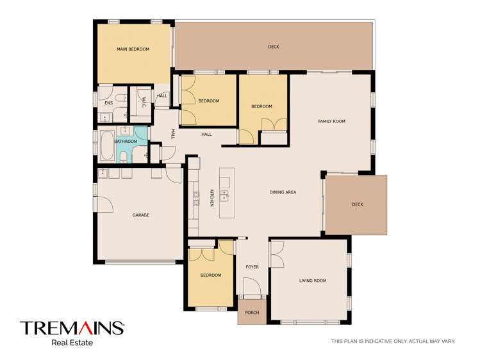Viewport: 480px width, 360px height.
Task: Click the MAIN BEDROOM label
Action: click(x=133, y=49)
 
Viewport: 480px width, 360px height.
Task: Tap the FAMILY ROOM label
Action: click(x=331, y=121)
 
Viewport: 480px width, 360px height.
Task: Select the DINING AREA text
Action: click(x=283, y=192)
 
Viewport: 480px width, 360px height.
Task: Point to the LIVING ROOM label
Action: click(x=313, y=281)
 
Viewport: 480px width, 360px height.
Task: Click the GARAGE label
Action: click(x=141, y=215)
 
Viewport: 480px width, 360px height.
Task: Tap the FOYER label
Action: click(x=252, y=266)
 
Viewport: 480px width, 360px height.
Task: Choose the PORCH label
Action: click(x=252, y=313)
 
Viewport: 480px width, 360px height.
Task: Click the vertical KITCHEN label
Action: click(x=211, y=198)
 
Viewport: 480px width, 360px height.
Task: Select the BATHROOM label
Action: click(x=126, y=142)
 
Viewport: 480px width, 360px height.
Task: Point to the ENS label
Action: click(x=108, y=102)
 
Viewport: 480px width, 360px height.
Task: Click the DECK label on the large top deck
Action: click(x=274, y=47)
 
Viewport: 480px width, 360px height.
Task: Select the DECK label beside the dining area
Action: click(x=357, y=204)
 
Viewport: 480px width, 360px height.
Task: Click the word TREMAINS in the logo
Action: click(x=72, y=329)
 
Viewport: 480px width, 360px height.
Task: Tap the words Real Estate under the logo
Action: click(x=72, y=343)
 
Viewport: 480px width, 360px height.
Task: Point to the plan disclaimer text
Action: click(x=393, y=341)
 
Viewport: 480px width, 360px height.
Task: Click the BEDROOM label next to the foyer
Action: click(x=210, y=275)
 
